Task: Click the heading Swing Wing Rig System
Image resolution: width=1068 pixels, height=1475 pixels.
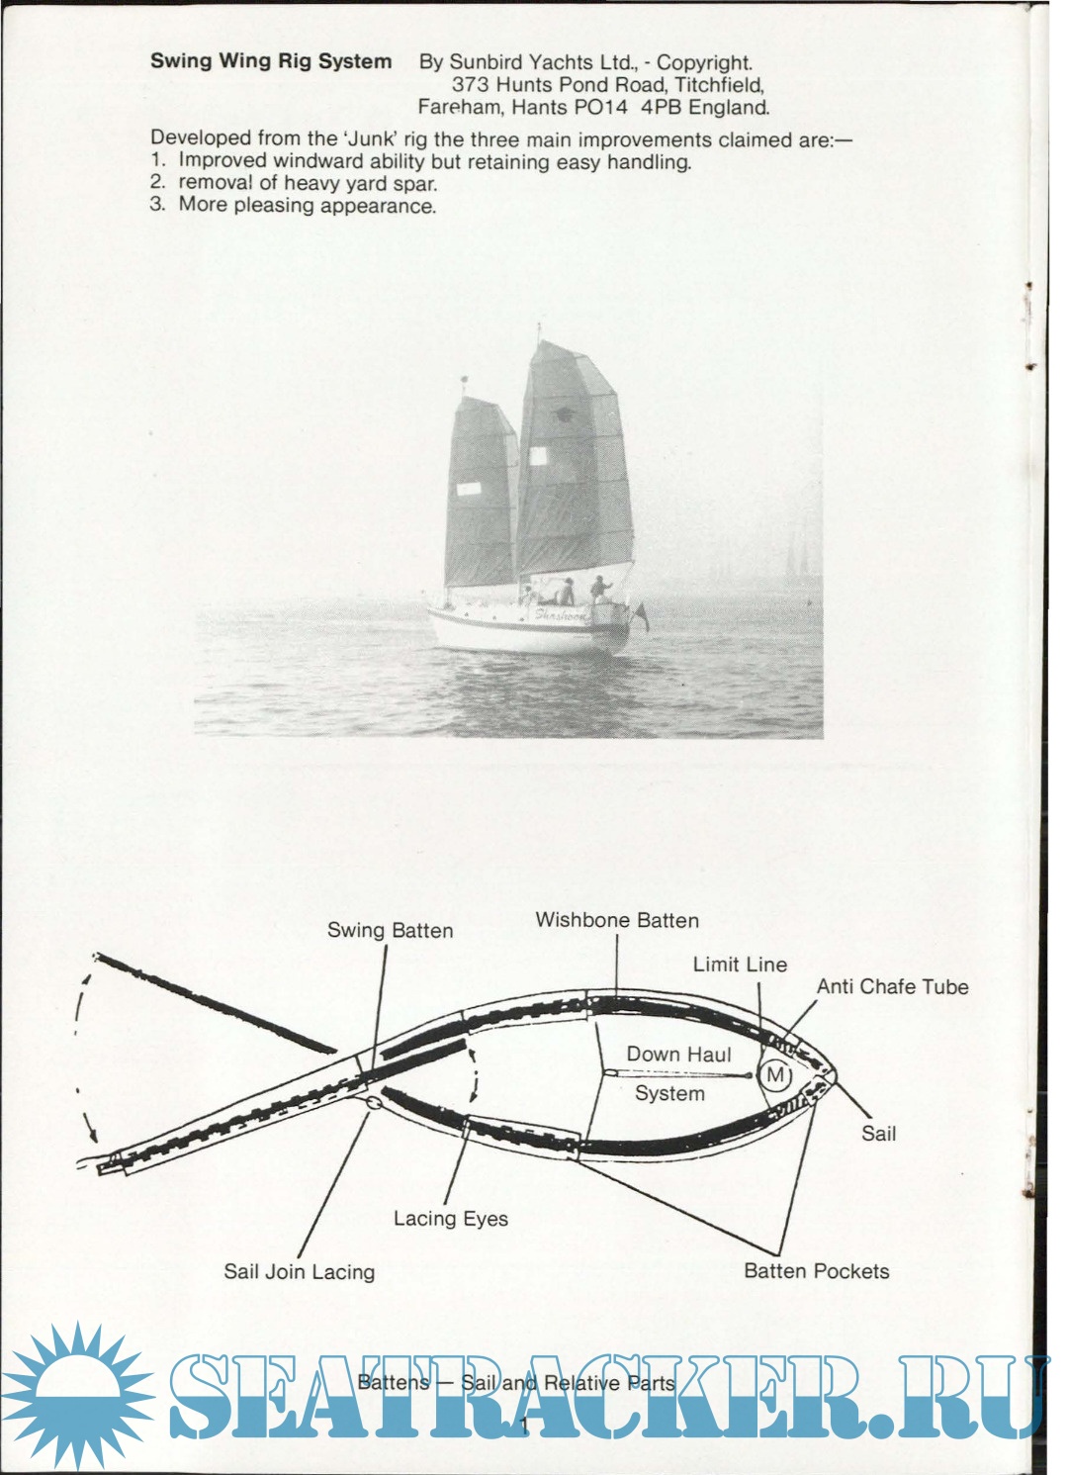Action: tap(270, 62)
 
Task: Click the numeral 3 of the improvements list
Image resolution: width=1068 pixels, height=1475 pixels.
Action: tap(156, 204)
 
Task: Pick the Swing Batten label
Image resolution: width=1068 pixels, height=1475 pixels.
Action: tap(391, 931)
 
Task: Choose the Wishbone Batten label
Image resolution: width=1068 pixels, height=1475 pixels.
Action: tap(617, 920)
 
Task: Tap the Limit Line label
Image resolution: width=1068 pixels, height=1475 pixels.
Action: tap(740, 965)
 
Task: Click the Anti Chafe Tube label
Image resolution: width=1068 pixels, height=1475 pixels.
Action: tap(892, 986)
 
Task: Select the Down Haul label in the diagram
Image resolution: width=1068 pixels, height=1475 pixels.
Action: tap(678, 1055)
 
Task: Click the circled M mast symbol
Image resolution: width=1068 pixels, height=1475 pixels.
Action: tap(775, 1075)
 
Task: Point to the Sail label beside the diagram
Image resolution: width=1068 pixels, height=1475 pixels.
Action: tap(878, 1134)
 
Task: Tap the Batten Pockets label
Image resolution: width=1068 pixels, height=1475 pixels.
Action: tap(817, 1271)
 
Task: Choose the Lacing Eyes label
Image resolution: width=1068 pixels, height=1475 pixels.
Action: tap(451, 1219)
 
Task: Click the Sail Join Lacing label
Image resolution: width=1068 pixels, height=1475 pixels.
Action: tap(300, 1271)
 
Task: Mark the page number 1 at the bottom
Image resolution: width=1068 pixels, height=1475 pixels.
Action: tap(524, 1426)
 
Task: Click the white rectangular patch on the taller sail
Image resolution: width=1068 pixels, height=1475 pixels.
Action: tap(538, 456)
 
